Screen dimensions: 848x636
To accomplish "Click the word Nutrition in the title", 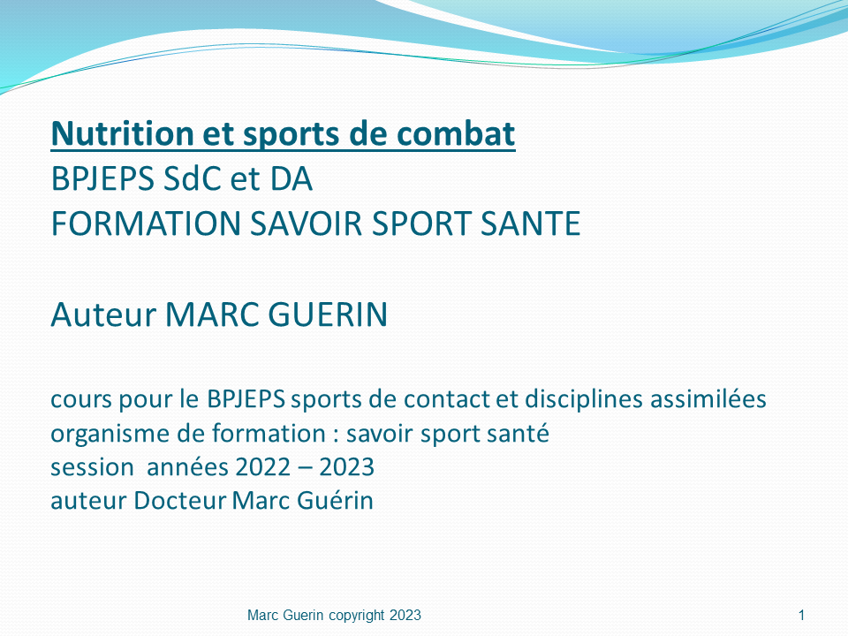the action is (123, 133).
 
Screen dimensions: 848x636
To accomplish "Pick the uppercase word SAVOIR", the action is (306, 223).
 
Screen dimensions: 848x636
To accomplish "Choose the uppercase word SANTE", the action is (531, 223).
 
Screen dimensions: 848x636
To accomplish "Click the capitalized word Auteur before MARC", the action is (103, 314).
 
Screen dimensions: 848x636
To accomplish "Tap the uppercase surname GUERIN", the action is (328, 314).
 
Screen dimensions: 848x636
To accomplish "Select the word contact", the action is (446, 399).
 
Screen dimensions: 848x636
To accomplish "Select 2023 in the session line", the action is (346, 467).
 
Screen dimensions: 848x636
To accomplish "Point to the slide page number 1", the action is (801, 615).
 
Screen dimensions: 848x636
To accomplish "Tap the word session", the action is (93, 467).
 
